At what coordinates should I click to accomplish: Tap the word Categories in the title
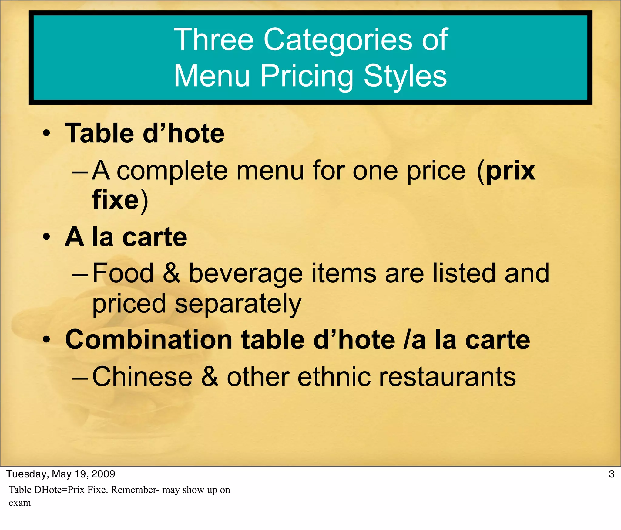(x=338, y=40)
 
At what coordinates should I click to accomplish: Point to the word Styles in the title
(x=405, y=76)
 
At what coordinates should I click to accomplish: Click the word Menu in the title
(x=212, y=76)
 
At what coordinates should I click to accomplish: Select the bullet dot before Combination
(x=46, y=340)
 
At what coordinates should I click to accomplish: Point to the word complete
(x=172, y=171)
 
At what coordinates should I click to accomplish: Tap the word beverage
(x=246, y=274)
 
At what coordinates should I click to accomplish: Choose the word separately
(x=238, y=304)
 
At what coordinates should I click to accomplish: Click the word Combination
(x=149, y=340)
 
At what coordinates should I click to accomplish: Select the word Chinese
(x=142, y=376)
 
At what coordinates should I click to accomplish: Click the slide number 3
(x=611, y=474)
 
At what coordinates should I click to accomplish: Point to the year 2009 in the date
(x=103, y=474)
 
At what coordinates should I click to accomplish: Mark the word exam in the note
(x=20, y=503)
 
